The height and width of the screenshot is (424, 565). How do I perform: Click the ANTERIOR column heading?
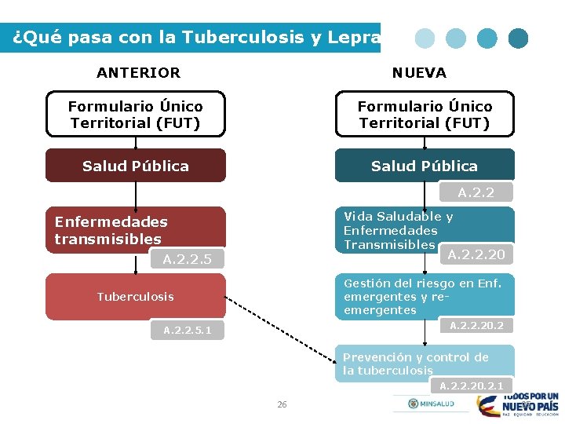[138, 73]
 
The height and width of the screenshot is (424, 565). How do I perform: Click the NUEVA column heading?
[419, 73]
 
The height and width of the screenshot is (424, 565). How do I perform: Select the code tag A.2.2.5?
[188, 259]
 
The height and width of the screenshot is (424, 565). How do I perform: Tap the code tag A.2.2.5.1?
[188, 330]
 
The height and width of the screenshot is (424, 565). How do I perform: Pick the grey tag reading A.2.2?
[476, 192]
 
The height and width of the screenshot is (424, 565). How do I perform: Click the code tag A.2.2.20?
[476, 254]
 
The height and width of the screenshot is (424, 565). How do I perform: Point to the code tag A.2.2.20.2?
[476, 326]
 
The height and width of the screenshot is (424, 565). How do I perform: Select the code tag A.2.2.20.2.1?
[472, 386]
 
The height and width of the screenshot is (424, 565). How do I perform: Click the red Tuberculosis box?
[136, 296]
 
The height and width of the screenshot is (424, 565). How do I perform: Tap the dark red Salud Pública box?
[136, 166]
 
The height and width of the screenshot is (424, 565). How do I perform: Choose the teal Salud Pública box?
[425, 166]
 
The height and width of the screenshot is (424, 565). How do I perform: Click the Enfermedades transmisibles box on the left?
[136, 230]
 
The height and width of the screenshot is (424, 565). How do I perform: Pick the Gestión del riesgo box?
[425, 296]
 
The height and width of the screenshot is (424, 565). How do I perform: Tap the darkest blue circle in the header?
[518, 38]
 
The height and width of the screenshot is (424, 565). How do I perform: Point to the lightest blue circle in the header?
[425, 38]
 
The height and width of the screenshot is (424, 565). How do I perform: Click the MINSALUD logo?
[431, 404]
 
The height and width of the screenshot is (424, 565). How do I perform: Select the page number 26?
[282, 404]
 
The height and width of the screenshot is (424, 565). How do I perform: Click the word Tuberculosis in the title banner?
[242, 37]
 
